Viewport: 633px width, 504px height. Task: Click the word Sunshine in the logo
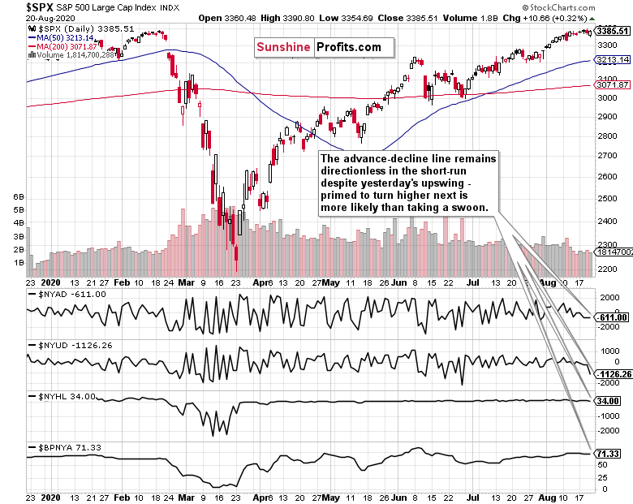(x=283, y=47)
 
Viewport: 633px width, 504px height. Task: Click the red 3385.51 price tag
(x=612, y=31)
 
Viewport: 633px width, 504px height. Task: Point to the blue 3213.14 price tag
(x=612, y=60)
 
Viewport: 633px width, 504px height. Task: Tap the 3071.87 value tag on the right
(x=612, y=84)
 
